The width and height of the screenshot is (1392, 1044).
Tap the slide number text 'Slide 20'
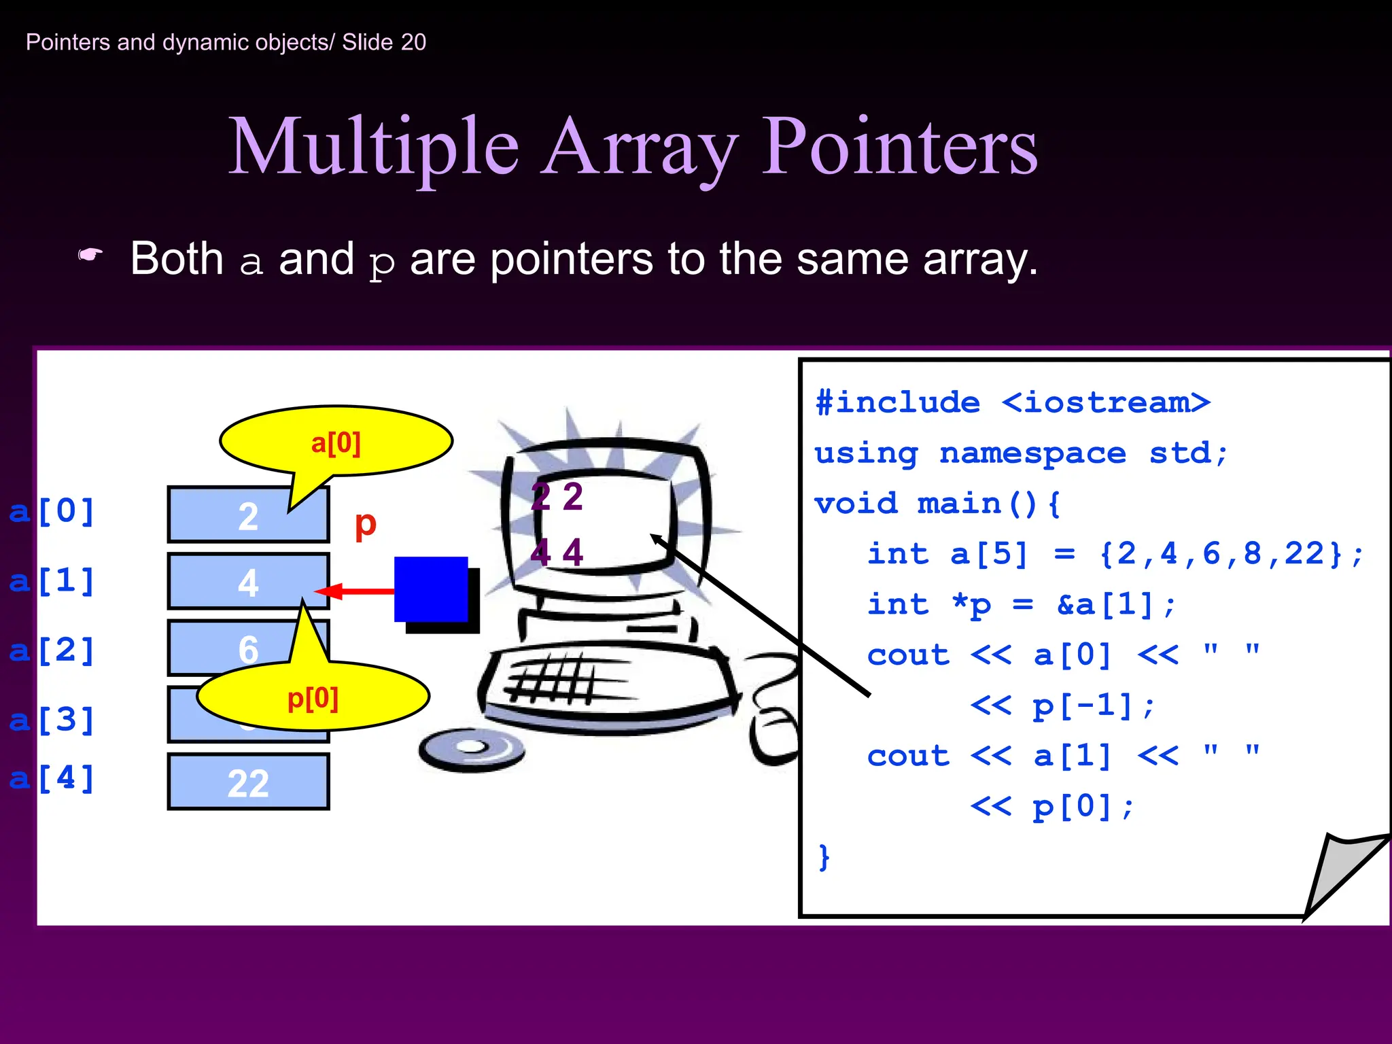(x=383, y=42)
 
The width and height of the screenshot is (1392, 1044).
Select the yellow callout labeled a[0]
(x=336, y=442)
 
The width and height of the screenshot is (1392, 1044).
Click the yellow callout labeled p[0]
(x=313, y=697)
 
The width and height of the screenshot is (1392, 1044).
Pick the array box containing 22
(x=248, y=782)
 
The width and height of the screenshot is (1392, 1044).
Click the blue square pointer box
(x=431, y=589)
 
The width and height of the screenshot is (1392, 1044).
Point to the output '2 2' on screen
(x=557, y=497)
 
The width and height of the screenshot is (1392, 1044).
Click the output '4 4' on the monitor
(x=557, y=552)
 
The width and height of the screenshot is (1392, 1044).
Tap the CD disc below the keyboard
(x=471, y=749)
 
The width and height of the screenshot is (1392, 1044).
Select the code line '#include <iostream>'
(x=1013, y=402)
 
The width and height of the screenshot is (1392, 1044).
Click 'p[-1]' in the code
(x=1082, y=706)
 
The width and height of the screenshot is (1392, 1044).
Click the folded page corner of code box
(x=1342, y=873)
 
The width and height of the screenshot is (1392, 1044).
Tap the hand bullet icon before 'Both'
(x=90, y=256)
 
